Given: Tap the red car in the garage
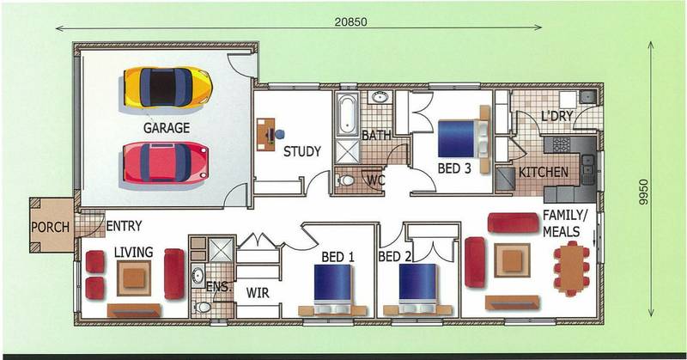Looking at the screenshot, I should point(165,162).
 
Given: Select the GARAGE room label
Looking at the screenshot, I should point(167,127).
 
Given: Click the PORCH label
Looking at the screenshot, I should point(50,228).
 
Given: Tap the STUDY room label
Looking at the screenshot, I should point(301,152).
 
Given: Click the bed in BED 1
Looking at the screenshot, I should point(332,286).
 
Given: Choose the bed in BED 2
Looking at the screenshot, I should point(419,286).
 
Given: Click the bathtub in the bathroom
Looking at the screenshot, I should point(347,114).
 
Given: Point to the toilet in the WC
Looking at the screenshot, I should point(344,180).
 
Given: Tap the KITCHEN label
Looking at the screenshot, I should point(544,172).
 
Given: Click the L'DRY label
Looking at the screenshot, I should point(556,115).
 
